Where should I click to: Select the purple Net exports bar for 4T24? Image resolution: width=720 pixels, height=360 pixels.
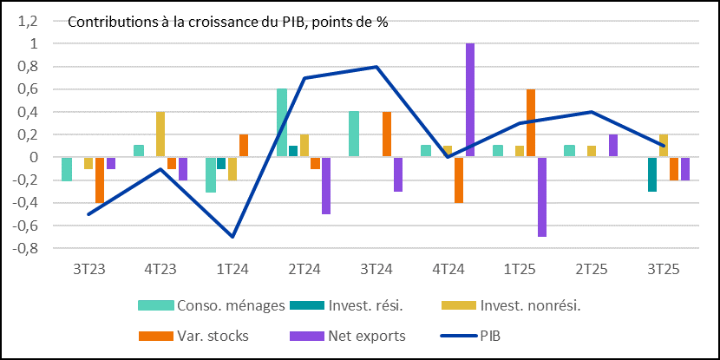click(x=470, y=100)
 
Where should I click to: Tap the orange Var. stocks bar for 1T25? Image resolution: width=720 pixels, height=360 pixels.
click(x=531, y=123)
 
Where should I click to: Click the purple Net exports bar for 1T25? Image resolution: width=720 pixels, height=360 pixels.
click(x=542, y=197)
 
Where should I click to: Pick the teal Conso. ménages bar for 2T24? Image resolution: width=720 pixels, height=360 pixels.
click(x=282, y=122)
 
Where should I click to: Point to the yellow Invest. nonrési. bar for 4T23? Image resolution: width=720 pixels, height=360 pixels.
click(x=160, y=134)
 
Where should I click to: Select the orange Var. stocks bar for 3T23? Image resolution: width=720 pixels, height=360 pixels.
click(x=100, y=180)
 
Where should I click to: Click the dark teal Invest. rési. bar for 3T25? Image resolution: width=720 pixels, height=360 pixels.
click(x=651, y=174)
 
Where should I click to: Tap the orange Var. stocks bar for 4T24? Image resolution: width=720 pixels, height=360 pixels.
click(x=459, y=180)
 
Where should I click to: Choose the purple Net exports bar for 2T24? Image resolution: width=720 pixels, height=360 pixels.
click(x=327, y=186)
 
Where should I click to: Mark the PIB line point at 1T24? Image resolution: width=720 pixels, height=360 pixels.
click(x=232, y=237)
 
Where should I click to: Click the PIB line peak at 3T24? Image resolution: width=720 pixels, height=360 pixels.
click(x=376, y=67)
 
